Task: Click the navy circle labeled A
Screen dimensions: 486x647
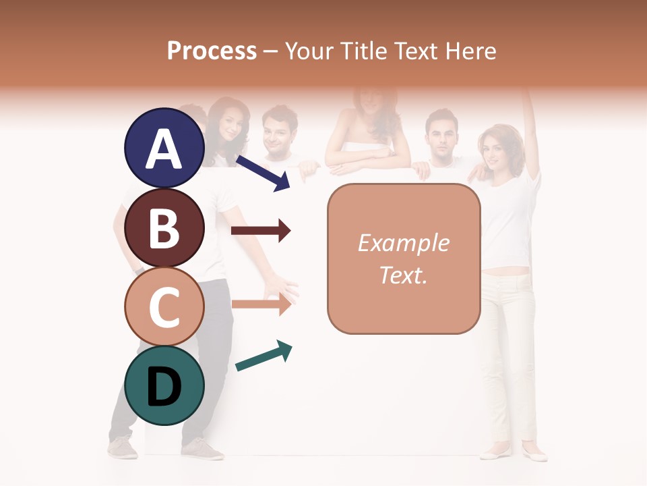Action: pos(164,148)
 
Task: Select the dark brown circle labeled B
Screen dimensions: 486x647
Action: pos(164,227)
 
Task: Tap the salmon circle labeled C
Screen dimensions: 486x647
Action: pos(164,306)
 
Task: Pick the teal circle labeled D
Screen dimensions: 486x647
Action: pos(164,385)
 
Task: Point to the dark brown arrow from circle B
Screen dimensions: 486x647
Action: pos(261,231)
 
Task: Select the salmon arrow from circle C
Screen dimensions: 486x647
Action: pos(261,304)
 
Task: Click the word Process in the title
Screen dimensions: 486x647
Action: pos(212,51)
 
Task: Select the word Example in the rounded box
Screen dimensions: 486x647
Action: pos(403,243)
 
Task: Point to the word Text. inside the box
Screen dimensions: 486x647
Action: pos(403,275)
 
